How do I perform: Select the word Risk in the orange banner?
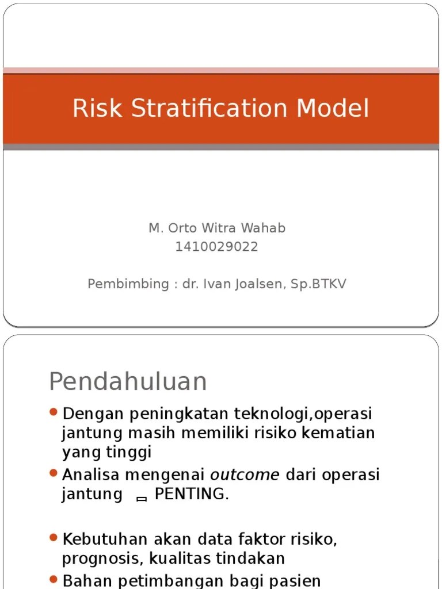tap(96, 108)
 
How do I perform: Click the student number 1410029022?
tap(217, 247)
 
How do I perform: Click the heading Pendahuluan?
tap(128, 381)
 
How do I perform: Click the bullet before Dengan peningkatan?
tap(54, 412)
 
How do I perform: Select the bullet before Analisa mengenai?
tap(54, 473)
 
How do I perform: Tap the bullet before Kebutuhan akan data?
tap(54, 538)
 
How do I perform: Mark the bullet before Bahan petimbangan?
tap(54, 579)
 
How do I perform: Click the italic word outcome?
tap(245, 475)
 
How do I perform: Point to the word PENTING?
tap(191, 495)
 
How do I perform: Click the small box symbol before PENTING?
tap(141, 499)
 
